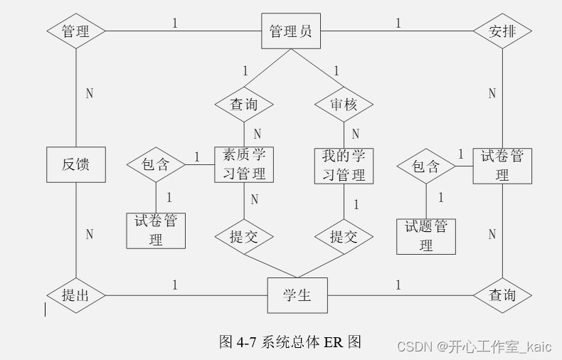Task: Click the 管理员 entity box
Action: [x=290, y=31]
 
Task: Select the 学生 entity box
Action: [x=297, y=295]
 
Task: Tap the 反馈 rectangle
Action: [x=75, y=164]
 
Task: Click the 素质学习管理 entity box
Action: [x=244, y=164]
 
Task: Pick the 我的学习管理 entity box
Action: [x=344, y=164]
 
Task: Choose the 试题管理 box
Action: [x=425, y=236]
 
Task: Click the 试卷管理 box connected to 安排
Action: [x=502, y=165]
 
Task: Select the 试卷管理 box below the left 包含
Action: [x=156, y=231]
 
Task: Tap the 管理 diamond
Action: [x=75, y=31]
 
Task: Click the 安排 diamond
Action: [x=502, y=31]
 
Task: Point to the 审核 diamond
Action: [x=344, y=105]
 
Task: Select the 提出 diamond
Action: [x=75, y=295]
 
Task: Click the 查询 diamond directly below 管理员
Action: [x=244, y=105]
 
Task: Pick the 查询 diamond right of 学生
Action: [x=502, y=295]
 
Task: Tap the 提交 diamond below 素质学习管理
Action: [x=244, y=237]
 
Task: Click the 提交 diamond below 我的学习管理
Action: [x=344, y=237]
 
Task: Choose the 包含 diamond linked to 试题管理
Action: [x=425, y=166]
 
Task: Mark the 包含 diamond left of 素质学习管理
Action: [x=156, y=164]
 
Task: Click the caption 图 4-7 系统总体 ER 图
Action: [x=290, y=342]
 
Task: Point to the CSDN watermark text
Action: [x=474, y=346]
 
